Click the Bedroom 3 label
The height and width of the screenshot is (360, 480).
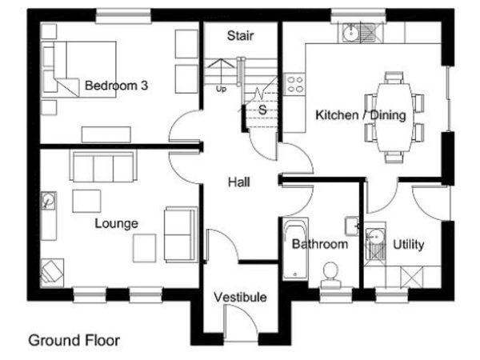click(116, 86)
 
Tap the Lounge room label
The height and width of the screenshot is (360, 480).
click(116, 224)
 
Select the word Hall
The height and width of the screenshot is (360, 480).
click(239, 182)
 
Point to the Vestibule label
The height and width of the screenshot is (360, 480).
click(240, 298)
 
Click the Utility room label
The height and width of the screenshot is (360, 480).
click(408, 245)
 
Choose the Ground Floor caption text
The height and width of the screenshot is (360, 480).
click(74, 341)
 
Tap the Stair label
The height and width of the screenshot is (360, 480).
click(240, 36)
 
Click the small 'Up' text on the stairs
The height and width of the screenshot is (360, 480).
click(221, 89)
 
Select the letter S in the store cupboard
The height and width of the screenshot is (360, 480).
click(262, 110)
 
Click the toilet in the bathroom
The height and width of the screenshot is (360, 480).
click(330, 275)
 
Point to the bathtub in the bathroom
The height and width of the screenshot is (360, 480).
click(295, 248)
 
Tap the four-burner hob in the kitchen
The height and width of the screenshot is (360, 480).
click(294, 84)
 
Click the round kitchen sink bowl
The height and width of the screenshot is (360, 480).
click(350, 32)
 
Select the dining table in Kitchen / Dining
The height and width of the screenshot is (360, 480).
click(394, 118)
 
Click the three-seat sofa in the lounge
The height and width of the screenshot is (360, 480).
click(103, 166)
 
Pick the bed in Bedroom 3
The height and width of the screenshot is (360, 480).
click(79, 70)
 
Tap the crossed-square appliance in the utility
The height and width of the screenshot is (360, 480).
click(412, 278)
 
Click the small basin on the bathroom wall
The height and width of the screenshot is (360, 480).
click(352, 226)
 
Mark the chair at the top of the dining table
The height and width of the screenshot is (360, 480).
click(394, 78)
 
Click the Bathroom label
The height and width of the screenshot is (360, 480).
click(319, 244)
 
